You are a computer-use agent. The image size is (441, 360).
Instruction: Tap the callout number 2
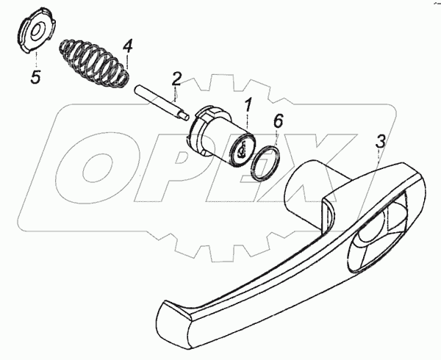tap(176, 79)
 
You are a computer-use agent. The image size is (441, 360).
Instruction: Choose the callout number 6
tap(277, 120)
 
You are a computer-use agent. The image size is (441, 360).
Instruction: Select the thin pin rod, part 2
tap(161, 100)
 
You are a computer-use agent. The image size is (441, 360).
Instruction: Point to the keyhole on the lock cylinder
tap(240, 151)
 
